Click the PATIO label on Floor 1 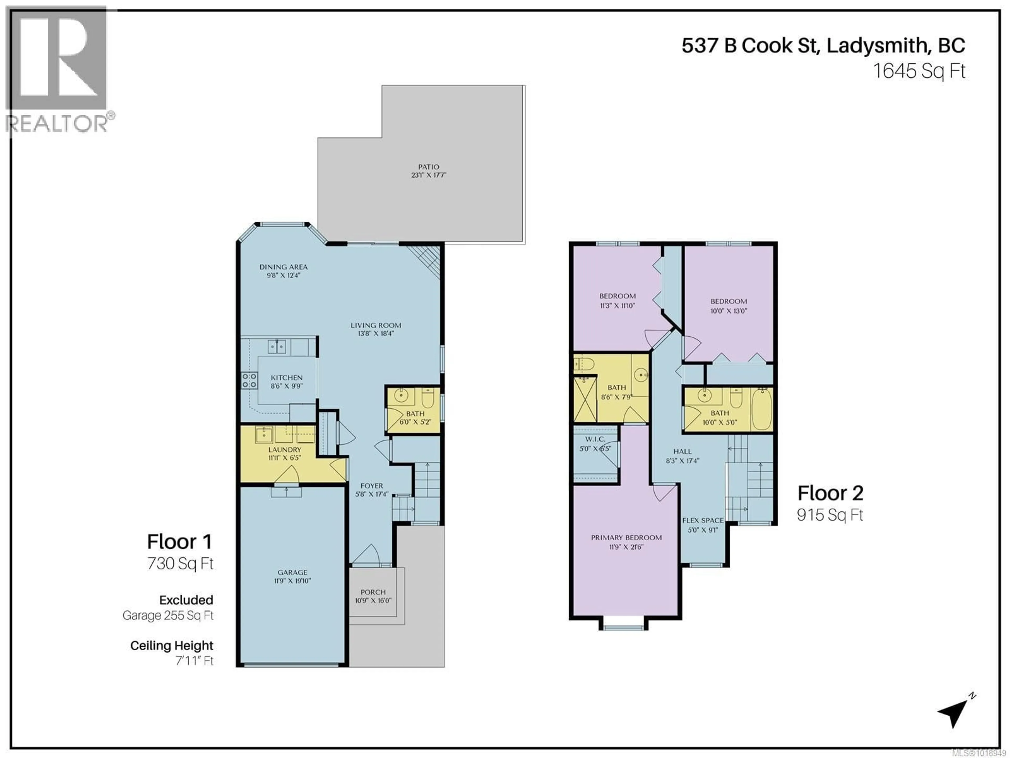pos(428,171)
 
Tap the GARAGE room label pos(292,576)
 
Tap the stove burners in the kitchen pos(249,381)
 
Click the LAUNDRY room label pos(285,453)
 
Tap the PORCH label pos(373,596)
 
